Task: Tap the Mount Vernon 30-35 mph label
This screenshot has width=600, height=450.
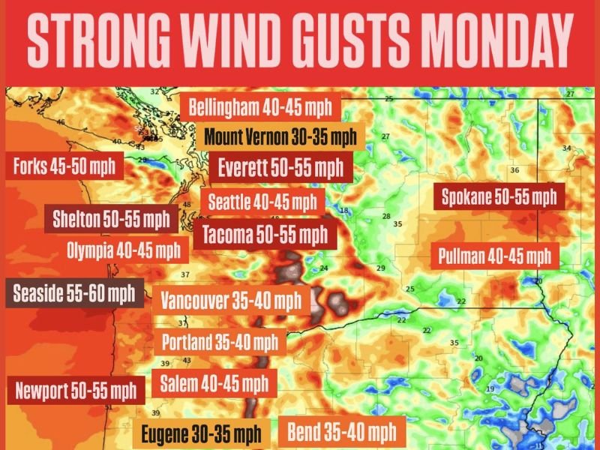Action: (280, 137)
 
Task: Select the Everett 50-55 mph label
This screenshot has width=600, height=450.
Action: (280, 166)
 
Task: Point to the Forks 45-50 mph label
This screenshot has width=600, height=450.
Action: (64, 166)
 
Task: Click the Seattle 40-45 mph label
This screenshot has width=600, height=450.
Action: (262, 202)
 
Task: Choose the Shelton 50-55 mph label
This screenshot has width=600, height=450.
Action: (110, 220)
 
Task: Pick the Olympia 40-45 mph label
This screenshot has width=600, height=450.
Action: (123, 250)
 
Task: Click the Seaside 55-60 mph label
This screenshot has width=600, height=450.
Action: (73, 292)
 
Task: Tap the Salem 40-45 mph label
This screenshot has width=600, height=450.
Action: (214, 384)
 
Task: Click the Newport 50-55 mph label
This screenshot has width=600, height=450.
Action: (76, 390)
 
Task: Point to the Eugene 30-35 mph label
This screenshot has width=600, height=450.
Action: (200, 433)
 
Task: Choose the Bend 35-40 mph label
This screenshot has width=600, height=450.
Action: (341, 431)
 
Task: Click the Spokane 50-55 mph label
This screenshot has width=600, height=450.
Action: (499, 198)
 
